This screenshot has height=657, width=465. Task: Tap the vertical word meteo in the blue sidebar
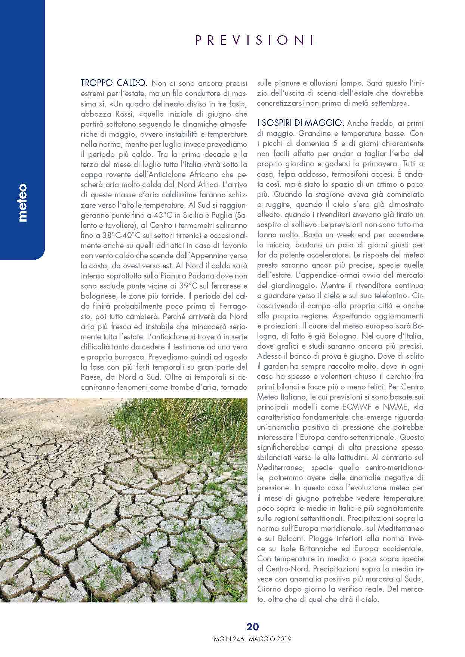[23, 203]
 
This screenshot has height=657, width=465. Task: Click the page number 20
[253, 627]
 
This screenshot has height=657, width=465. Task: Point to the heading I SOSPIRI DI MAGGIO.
[301, 123]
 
